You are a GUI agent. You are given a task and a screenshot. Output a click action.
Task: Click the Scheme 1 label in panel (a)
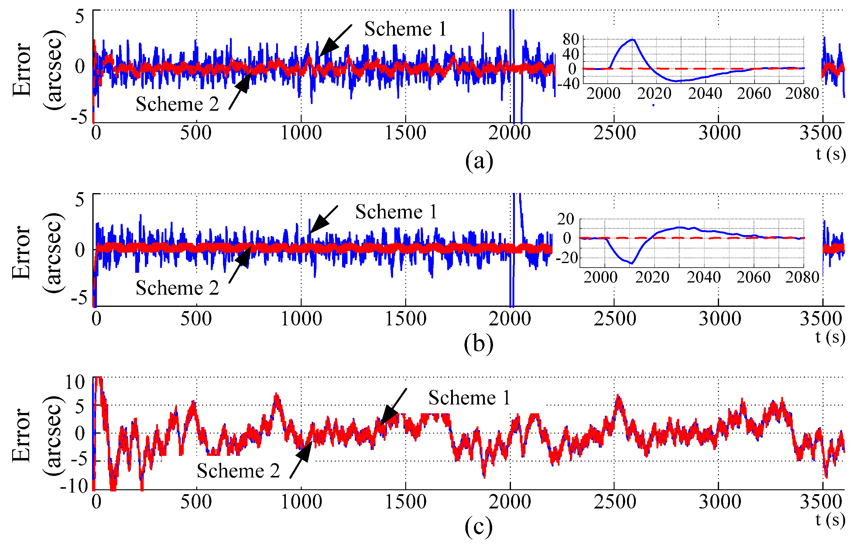click(x=405, y=29)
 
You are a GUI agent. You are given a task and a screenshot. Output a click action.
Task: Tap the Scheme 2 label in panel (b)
click(x=177, y=288)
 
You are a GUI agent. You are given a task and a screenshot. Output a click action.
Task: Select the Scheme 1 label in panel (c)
click(x=469, y=398)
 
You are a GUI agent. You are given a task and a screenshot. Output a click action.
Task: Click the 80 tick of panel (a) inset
click(x=570, y=39)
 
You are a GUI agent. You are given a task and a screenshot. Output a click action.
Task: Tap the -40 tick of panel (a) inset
click(x=568, y=84)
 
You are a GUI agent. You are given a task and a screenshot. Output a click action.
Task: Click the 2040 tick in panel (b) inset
click(x=704, y=277)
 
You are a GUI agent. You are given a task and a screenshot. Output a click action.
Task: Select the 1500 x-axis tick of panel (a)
click(x=405, y=133)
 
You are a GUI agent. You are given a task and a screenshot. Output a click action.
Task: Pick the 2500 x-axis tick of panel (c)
click(x=615, y=501)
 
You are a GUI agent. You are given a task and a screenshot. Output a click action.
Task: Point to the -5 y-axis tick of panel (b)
click(x=79, y=298)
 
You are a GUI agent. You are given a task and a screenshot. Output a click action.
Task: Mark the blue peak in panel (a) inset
click(x=633, y=39)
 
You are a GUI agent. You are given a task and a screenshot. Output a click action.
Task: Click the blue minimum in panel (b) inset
click(x=632, y=263)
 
